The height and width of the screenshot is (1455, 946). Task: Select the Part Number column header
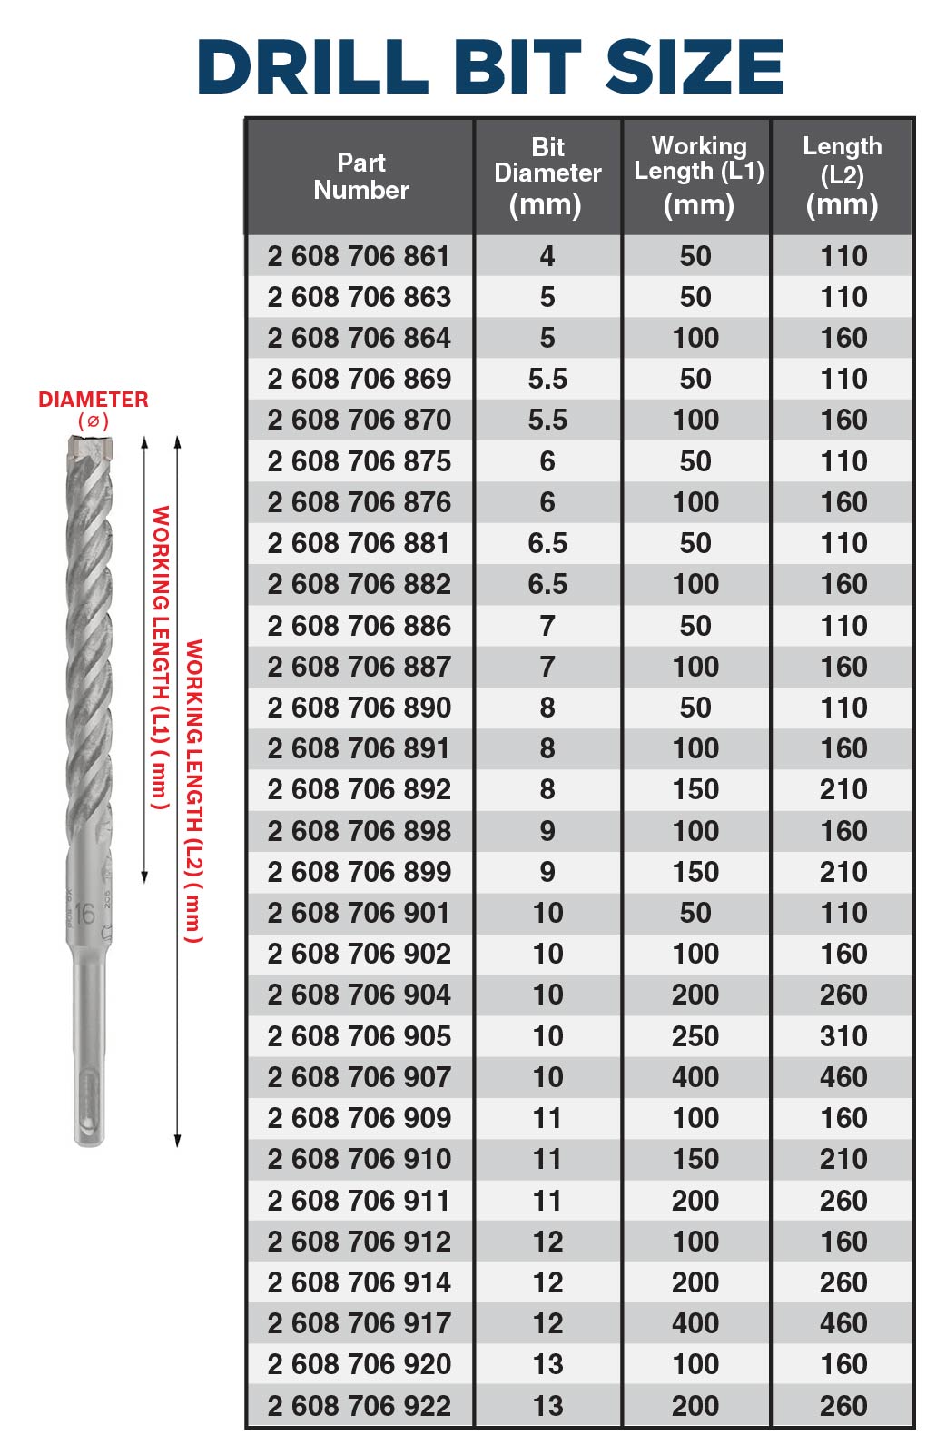coord(360,176)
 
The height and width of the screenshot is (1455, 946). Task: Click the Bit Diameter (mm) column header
coord(547,176)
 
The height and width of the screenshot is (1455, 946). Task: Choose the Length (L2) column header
coord(843,176)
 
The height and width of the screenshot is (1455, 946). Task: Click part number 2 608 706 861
coord(359,256)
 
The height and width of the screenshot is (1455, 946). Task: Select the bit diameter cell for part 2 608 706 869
coord(547,379)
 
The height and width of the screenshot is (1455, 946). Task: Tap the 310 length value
coord(843,1035)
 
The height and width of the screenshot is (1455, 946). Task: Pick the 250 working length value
coord(695,1035)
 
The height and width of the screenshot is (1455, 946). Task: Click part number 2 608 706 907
coord(359,1077)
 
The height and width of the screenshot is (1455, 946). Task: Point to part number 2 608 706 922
coord(359,1405)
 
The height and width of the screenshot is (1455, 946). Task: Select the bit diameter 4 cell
coord(547,256)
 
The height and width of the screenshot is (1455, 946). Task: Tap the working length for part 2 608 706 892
coord(695,789)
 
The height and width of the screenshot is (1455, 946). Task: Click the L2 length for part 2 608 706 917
coord(843,1323)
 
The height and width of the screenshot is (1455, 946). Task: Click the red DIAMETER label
coord(93,400)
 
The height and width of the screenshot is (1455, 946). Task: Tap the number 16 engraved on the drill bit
coord(84,913)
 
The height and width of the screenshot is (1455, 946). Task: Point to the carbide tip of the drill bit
coord(91,447)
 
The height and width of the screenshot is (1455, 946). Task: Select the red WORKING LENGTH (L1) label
coord(160,658)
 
